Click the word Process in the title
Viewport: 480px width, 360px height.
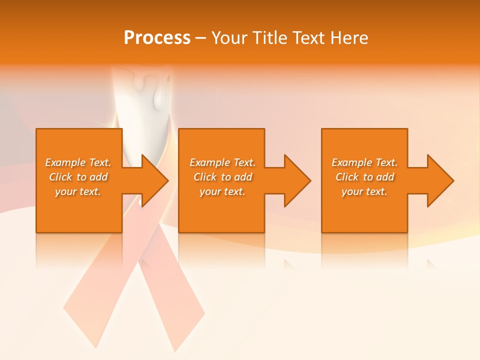[x=157, y=38]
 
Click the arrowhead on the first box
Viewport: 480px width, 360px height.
[x=152, y=180]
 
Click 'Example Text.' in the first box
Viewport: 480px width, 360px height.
[x=78, y=162]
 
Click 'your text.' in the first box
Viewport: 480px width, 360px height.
[x=78, y=191]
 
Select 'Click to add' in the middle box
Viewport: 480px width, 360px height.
[x=222, y=177]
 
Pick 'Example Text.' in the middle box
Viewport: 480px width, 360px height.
[x=222, y=162]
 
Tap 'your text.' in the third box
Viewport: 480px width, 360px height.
[x=364, y=191]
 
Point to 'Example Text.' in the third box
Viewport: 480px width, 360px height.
[x=364, y=162]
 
